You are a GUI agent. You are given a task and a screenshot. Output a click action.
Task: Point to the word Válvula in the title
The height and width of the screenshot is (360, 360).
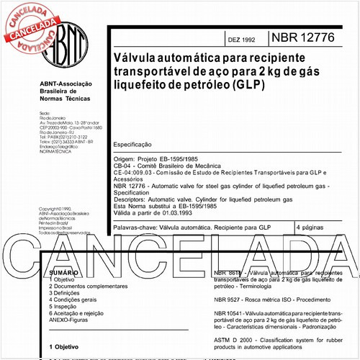click(x=130, y=56)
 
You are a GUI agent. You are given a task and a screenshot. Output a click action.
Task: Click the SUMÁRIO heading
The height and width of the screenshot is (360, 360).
click(x=64, y=274)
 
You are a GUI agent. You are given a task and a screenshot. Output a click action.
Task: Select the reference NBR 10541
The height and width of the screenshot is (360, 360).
click(x=232, y=313)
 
